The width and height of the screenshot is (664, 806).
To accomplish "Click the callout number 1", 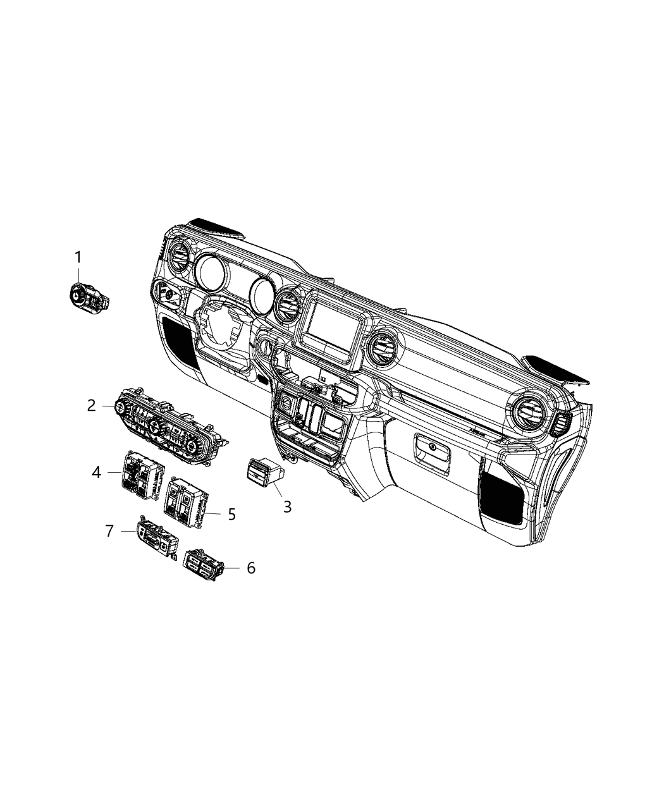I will [x=78, y=258].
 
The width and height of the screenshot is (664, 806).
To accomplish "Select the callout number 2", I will [x=92, y=405].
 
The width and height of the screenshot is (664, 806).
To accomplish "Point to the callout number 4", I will [x=96, y=472].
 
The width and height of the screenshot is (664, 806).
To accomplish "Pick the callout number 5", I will [x=231, y=514].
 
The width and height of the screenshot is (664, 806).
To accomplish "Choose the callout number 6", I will [x=250, y=568].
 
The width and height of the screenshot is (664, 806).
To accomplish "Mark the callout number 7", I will [x=109, y=531].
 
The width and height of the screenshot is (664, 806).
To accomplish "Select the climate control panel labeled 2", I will [x=168, y=427].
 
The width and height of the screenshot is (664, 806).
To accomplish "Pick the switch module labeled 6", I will [x=202, y=561].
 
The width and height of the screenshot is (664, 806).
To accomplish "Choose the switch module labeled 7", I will [x=157, y=537].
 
